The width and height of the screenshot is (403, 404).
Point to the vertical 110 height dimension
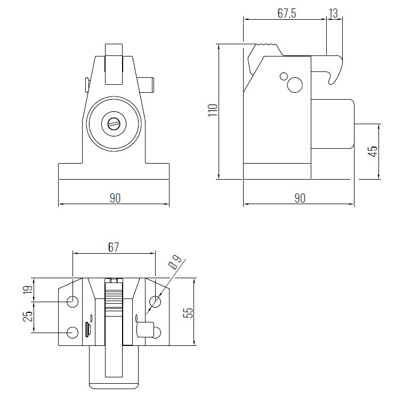213,110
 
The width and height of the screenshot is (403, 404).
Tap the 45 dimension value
373,151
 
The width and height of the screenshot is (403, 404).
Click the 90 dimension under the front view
115,198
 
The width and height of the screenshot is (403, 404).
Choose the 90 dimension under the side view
299,198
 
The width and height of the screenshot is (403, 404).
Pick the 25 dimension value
28,316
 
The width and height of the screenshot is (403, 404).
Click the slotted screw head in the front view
115,124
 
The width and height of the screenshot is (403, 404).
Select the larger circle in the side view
294,84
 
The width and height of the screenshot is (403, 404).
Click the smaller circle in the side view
284,76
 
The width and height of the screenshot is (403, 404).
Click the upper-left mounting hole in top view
72,302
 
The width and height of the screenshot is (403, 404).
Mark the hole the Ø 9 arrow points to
155,302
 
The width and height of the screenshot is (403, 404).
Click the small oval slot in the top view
87,330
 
